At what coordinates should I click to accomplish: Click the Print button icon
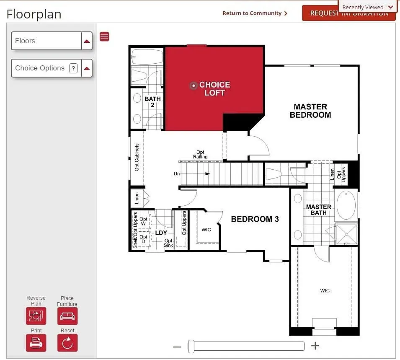36,343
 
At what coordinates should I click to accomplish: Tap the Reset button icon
67,343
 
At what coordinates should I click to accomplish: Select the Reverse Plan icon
36,316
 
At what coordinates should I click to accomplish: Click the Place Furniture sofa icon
67,316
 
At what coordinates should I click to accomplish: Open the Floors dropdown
52,41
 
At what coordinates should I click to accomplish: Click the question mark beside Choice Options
73,68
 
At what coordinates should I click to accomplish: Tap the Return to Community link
255,13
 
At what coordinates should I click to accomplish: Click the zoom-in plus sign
315,346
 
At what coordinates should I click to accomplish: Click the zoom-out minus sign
177,347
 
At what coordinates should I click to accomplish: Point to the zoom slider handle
191,346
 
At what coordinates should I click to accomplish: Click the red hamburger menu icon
104,36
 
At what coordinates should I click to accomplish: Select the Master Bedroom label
310,111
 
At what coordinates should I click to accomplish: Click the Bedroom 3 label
255,219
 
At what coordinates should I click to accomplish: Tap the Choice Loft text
214,89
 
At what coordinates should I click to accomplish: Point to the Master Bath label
318,210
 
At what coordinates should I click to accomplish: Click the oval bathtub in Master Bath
346,205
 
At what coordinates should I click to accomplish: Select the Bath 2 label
152,102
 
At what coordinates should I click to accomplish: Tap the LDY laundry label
161,233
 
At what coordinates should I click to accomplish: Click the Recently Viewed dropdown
367,7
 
